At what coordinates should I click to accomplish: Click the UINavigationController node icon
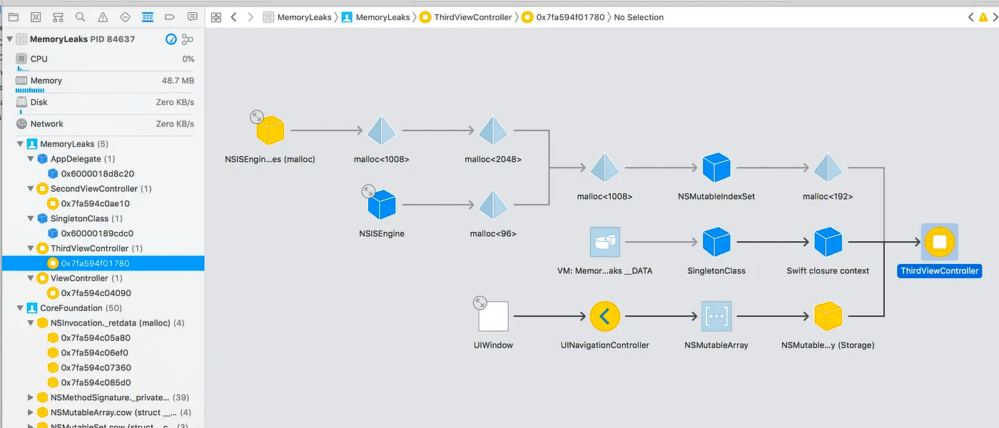tap(605, 316)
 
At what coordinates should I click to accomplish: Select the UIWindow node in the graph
tap(493, 316)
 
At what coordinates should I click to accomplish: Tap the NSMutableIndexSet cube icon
tap(716, 168)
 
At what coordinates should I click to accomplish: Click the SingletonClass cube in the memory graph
tap(716, 242)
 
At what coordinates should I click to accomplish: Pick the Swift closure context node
tap(828, 242)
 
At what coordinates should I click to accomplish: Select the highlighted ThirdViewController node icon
tap(939, 242)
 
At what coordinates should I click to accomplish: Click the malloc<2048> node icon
tap(493, 130)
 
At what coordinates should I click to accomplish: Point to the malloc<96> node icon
tap(493, 205)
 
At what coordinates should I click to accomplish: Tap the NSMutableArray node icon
tap(716, 316)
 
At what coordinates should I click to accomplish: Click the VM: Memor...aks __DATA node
tap(605, 242)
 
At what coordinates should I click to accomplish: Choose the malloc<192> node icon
tap(828, 168)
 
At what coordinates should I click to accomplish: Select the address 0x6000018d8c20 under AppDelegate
tap(98, 173)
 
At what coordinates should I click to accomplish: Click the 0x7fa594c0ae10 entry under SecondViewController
tap(96, 203)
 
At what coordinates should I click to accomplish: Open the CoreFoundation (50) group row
tap(81, 307)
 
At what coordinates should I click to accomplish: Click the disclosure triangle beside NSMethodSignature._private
tap(30, 397)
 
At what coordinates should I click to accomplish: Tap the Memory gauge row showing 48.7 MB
tap(105, 81)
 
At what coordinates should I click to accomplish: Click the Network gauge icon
tap(21, 123)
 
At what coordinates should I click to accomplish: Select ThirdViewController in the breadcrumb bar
tap(472, 17)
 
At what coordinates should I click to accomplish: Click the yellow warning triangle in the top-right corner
tap(983, 17)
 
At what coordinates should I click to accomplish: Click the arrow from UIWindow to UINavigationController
tap(549, 316)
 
